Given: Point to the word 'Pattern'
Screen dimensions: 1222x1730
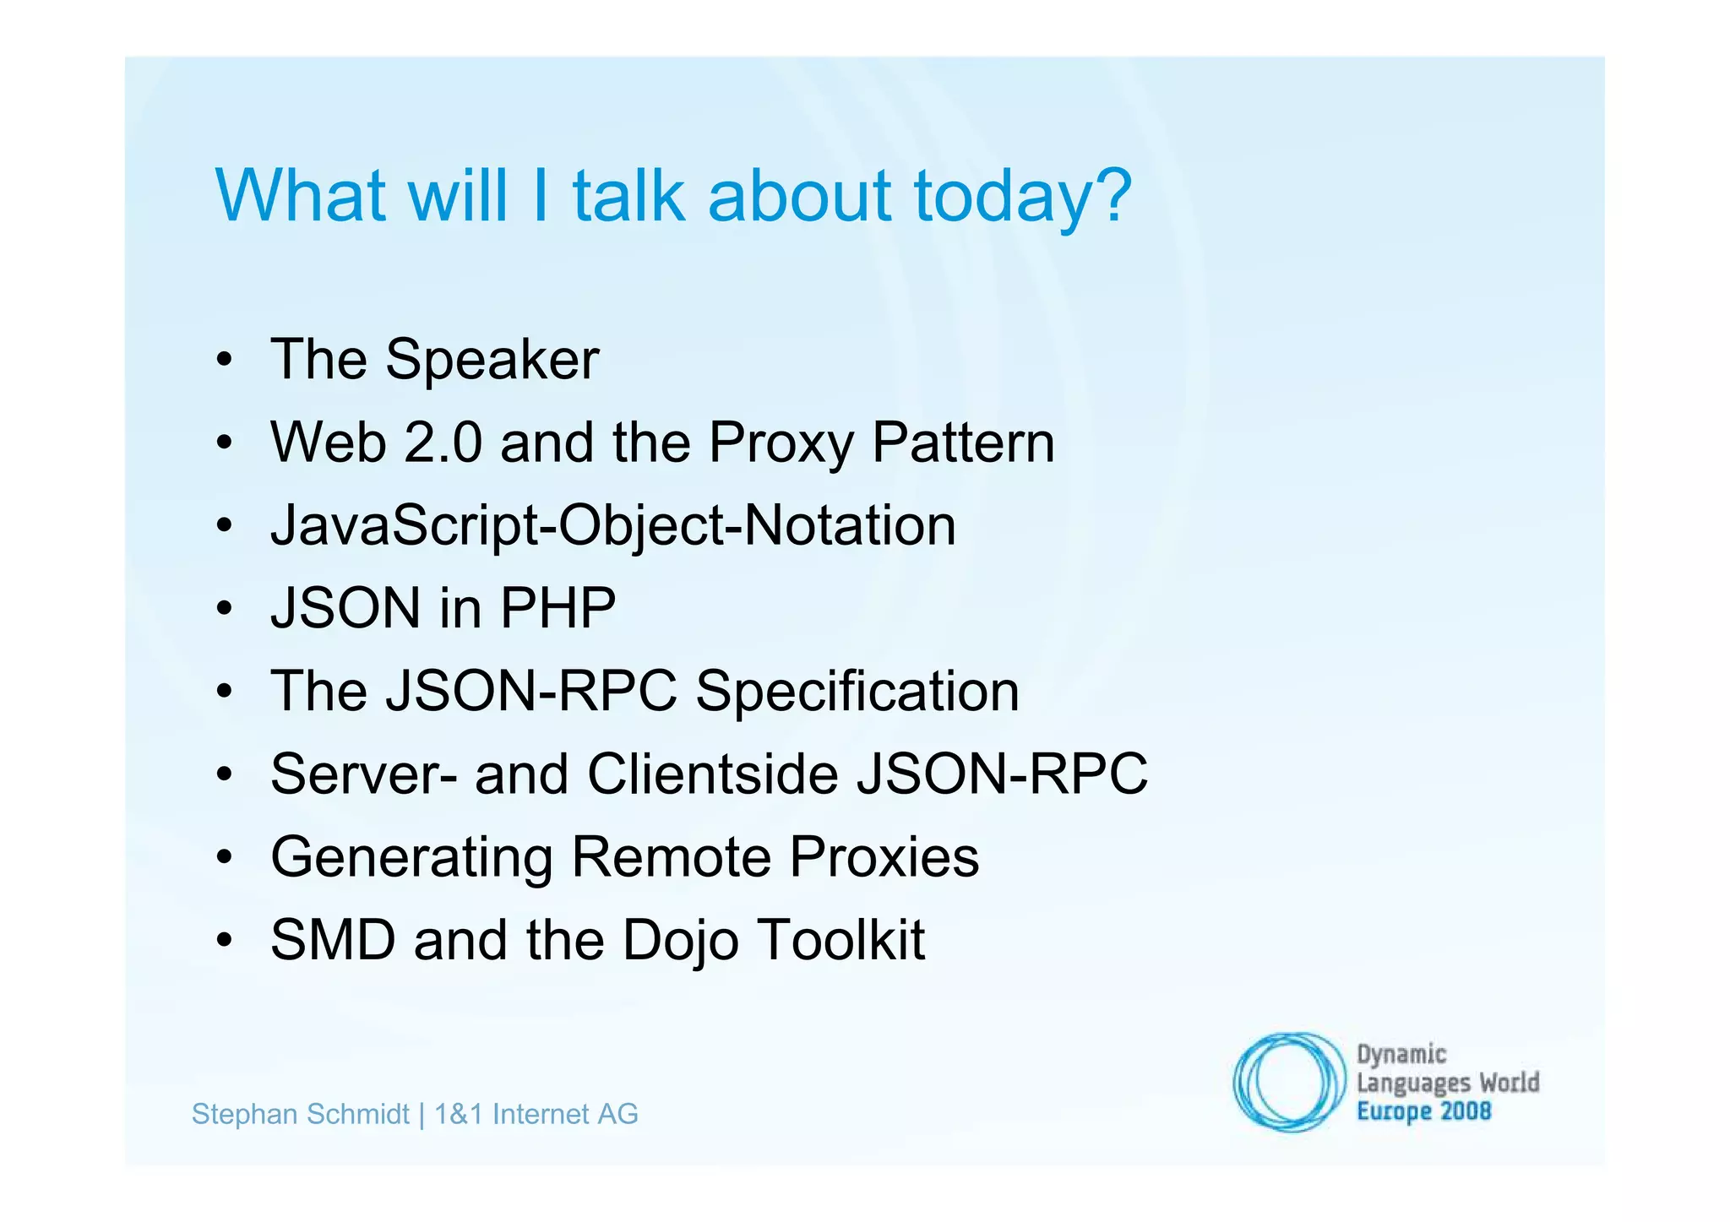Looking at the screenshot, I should pos(963,443).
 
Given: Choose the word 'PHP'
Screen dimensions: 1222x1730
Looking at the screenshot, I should pos(558,608).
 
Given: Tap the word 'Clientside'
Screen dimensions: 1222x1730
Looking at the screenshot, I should pos(713,774).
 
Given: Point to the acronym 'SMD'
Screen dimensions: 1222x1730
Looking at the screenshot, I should pos(333,940).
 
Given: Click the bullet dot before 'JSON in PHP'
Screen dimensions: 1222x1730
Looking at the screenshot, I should pos(224,609).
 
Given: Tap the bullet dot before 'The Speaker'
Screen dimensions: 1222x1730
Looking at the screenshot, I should pos(224,361).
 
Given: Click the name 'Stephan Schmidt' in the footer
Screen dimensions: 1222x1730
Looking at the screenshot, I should pos(301,1115).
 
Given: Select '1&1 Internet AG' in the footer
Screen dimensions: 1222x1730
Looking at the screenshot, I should pos(536,1115).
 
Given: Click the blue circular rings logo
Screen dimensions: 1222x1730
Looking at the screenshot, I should pos(1288,1081).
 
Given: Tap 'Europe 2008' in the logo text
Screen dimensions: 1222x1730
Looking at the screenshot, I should pos(1423,1111).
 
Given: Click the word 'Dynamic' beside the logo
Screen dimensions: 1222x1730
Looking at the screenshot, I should pos(1401,1055).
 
